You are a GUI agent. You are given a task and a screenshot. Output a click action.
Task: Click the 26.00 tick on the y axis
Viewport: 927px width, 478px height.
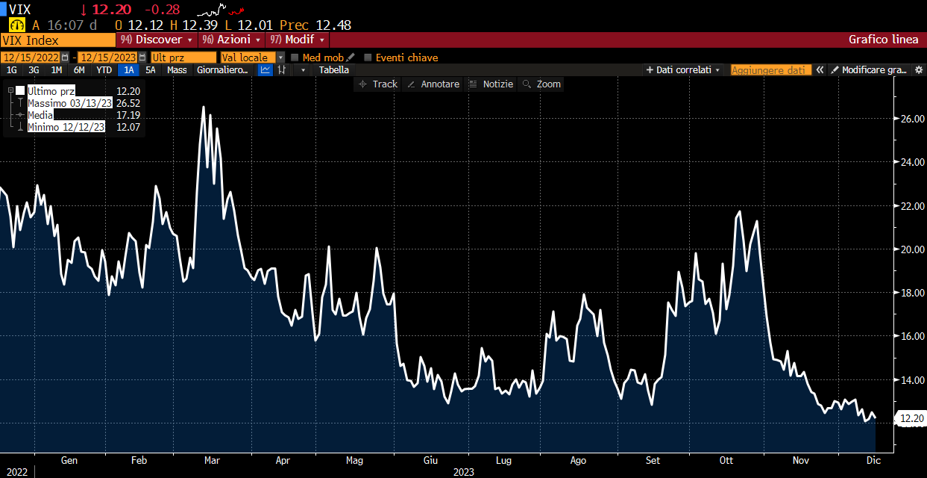913,119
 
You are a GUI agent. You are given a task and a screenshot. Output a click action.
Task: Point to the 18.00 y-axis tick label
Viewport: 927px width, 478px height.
913,293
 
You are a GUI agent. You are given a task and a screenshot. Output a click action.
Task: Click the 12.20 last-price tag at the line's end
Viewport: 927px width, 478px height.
912,418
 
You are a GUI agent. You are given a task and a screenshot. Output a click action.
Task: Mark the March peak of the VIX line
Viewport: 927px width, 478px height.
204,108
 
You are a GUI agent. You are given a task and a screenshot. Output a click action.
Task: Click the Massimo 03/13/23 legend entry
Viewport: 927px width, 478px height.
69,103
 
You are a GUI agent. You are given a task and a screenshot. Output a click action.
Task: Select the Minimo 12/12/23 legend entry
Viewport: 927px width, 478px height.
66,127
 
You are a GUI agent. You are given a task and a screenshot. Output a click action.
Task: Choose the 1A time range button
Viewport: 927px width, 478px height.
129,70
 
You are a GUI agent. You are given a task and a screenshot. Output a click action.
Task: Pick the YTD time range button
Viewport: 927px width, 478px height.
104,70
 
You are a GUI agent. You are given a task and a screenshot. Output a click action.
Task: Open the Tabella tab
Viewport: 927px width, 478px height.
333,70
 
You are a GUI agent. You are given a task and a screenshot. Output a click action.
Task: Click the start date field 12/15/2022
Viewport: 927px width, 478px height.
31,58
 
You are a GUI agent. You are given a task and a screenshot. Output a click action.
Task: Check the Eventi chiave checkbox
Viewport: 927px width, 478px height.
368,58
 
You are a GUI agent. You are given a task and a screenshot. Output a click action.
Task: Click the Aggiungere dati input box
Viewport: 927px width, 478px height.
770,70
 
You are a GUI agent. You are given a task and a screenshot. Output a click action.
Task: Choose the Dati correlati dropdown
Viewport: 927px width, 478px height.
683,70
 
